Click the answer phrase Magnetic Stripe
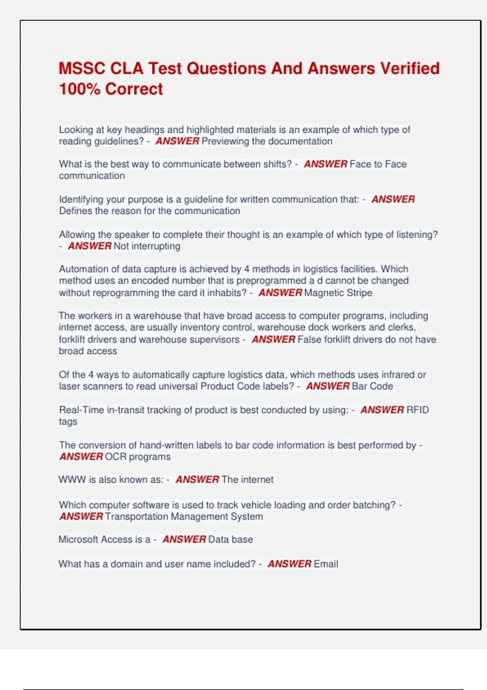point(338,293)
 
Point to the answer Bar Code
point(372,386)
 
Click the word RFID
point(418,410)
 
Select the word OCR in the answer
point(116,457)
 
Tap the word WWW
point(72,480)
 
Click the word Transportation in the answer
point(136,516)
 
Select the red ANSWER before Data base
point(184,539)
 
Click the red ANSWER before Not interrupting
point(90,246)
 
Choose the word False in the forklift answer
point(308,339)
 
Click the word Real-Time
point(82,410)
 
